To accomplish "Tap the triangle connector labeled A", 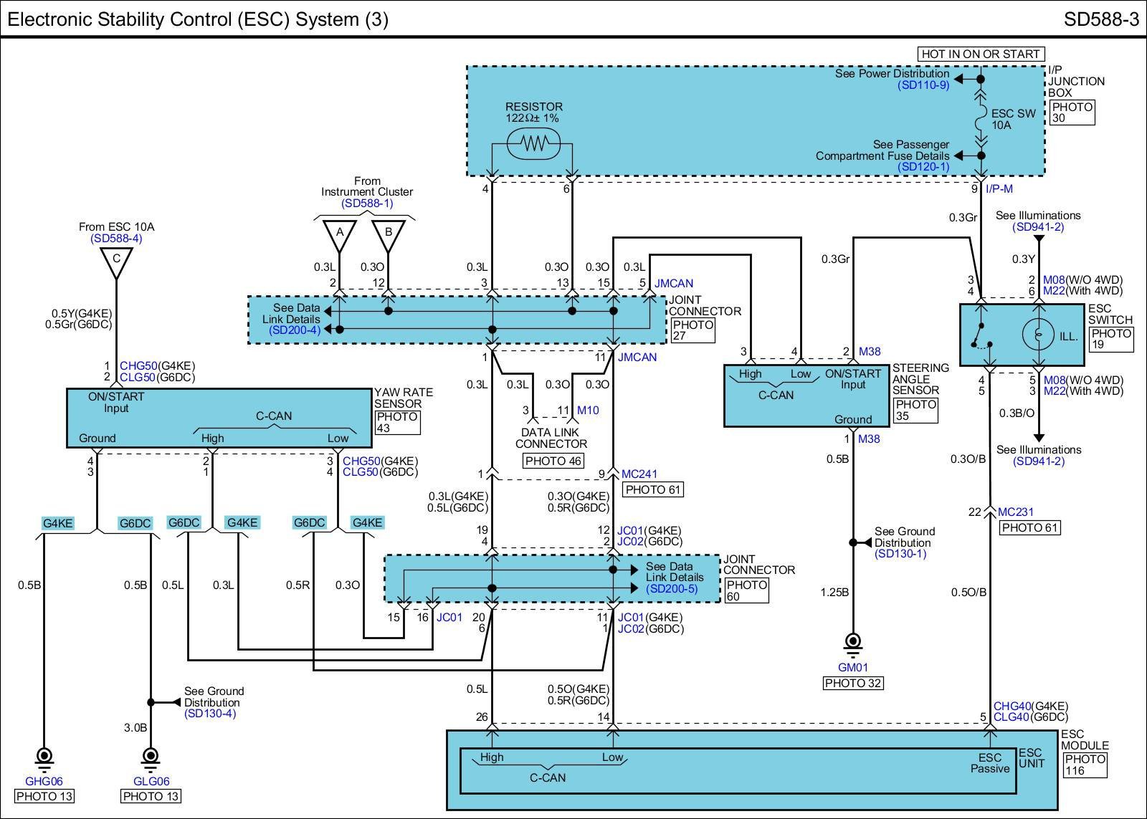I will pos(340,233).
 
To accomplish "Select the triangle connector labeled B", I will pos(388,233).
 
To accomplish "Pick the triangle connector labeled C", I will pos(116,259).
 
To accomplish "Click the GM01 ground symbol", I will pos(852,642).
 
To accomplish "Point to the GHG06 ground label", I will pos(44,782).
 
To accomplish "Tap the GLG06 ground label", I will pos(151,782).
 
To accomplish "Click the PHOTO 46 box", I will pos(553,461).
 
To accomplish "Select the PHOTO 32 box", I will pos(852,683).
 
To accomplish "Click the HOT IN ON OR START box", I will pos(980,54).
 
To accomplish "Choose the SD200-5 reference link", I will pos(675,588).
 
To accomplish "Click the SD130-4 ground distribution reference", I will pos(210,713).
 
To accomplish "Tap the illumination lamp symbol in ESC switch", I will pos(1037,335).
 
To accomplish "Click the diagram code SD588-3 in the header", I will pos(1101,19).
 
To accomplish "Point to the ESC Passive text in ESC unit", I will pos(990,763).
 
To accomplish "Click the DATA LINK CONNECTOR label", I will pos(551,438).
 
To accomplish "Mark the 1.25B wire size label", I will pos(835,592).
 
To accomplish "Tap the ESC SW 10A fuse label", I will pos(1013,119).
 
